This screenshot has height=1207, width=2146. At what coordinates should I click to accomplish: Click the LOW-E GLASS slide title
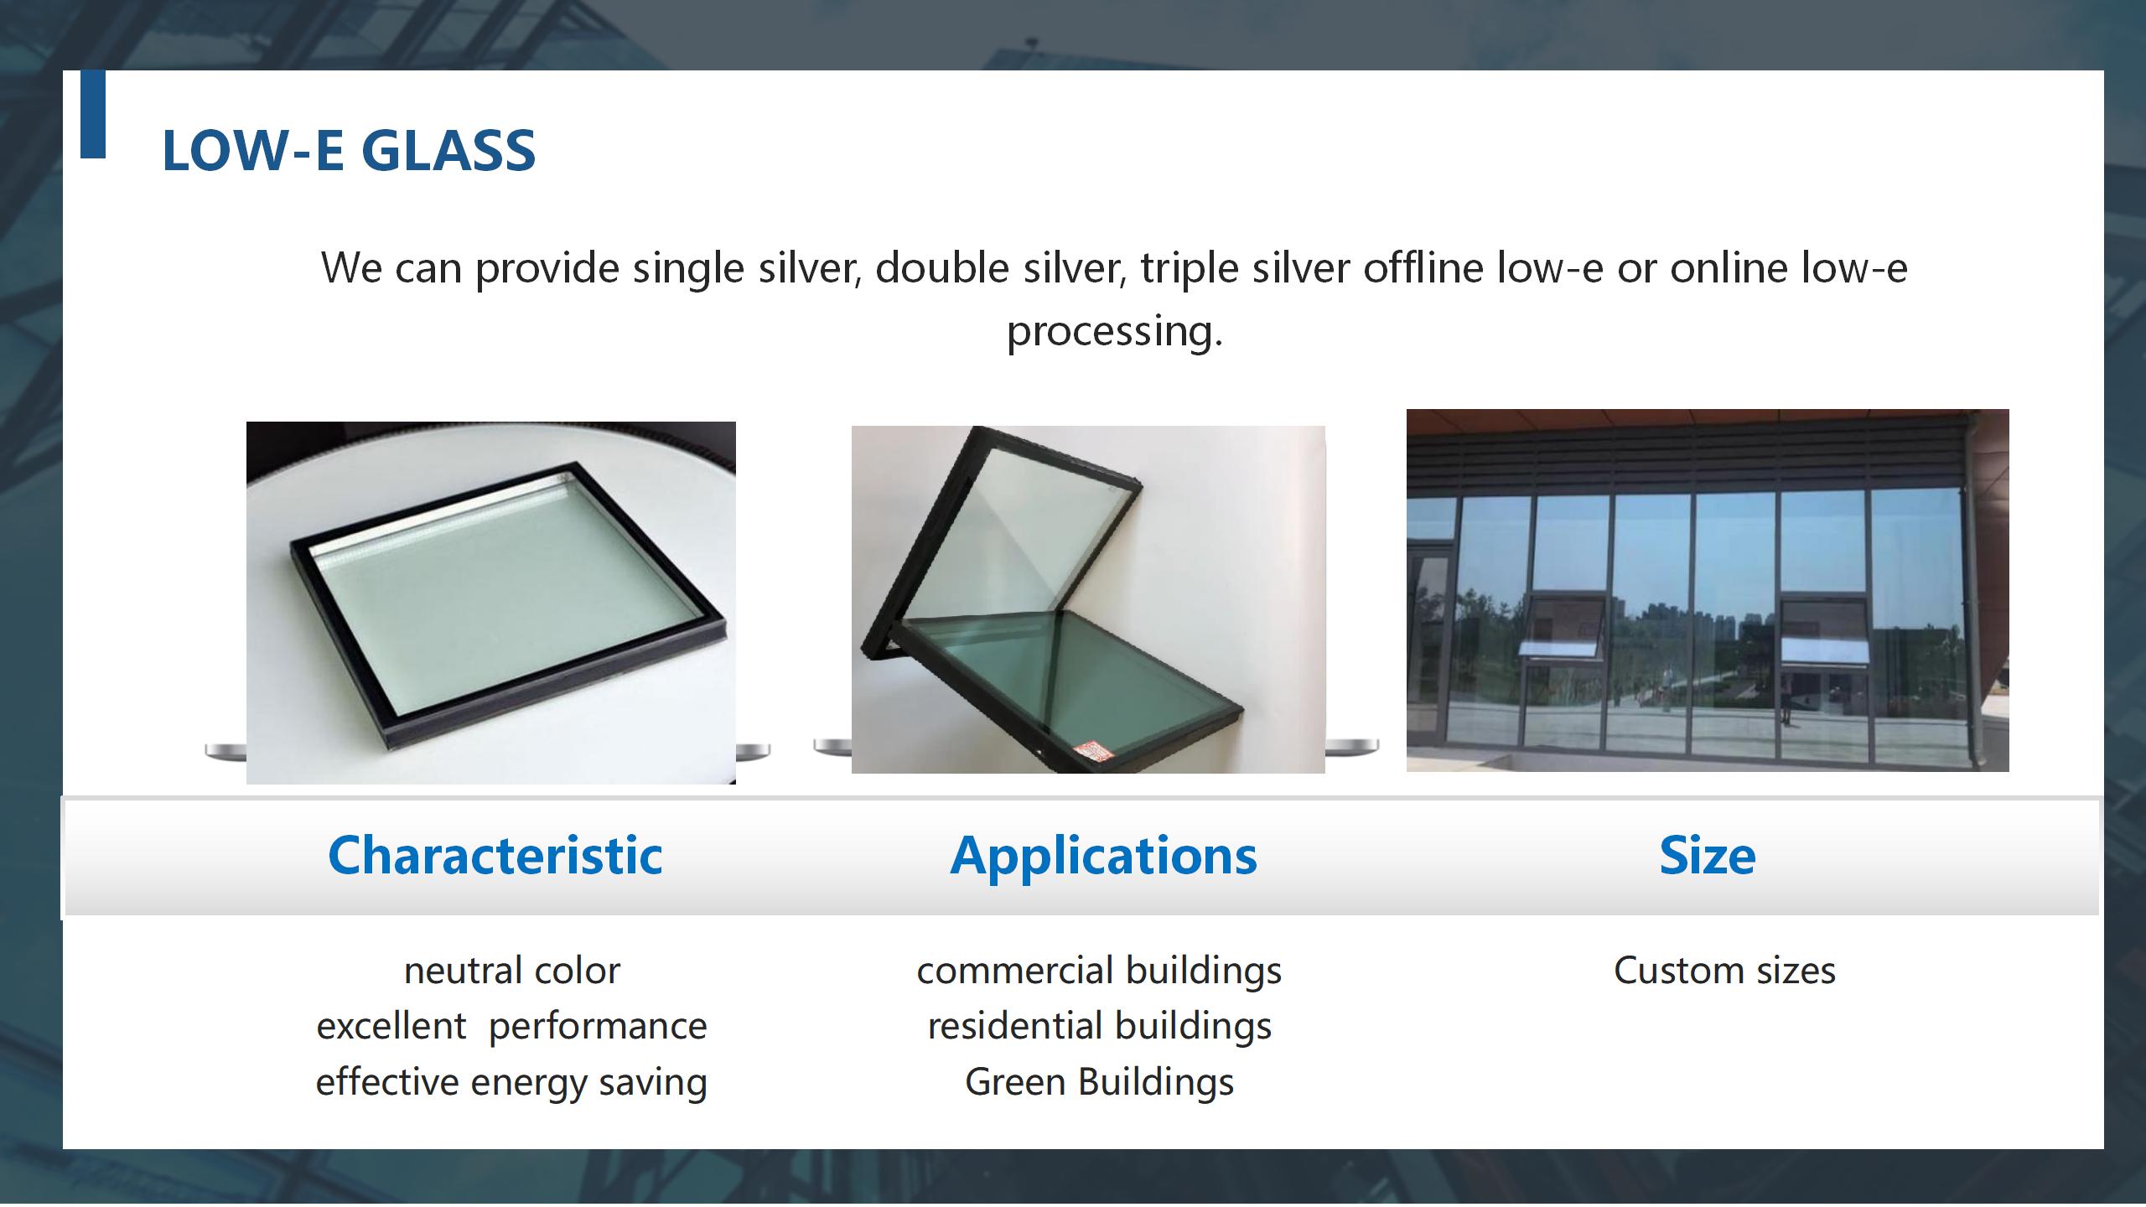coord(349,151)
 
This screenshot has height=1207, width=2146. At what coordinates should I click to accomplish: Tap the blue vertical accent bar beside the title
coord(93,114)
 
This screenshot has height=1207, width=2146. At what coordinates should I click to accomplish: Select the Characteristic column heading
coord(495,856)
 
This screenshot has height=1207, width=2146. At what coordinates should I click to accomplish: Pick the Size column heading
coord(1708,856)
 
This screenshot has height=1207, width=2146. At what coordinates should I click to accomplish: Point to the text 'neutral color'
coord(512,971)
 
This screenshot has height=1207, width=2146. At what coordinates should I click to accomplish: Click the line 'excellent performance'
coord(511,1027)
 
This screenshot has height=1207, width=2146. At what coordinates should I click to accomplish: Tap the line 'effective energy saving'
coord(511,1082)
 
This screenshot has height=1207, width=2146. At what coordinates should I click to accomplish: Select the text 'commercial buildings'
coord(1099,971)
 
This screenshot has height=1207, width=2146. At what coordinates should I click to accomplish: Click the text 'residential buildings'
coord(1099,1027)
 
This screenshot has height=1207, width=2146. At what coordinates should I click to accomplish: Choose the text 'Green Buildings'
coord(1099,1082)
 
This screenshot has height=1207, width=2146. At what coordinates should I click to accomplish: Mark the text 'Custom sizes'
coord(1724,971)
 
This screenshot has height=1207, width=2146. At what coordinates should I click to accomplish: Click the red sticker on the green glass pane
coord(1091,751)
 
